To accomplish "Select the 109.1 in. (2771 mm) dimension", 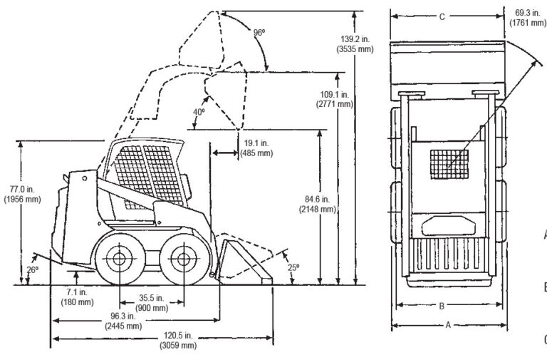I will [x=335, y=98].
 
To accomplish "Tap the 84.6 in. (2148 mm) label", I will [x=317, y=203].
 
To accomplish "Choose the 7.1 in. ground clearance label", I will [x=77, y=297].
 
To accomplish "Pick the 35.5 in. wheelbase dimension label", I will [x=151, y=302].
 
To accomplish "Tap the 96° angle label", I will [x=259, y=33].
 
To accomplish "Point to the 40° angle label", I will [x=199, y=112].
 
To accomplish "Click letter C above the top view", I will [x=442, y=16].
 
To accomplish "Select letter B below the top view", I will [x=442, y=306].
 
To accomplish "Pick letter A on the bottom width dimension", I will [x=447, y=324].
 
